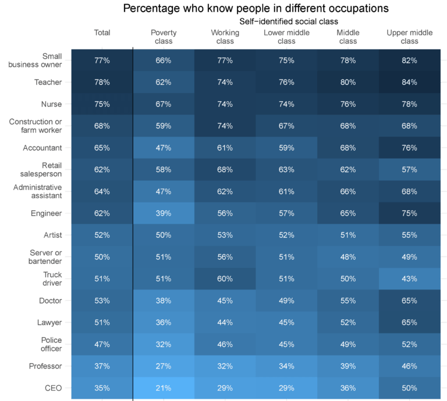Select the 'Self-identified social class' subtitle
[289, 21]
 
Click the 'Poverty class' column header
[164, 37]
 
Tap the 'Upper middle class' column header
[410, 37]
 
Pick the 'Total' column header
[102, 33]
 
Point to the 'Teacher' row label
[50, 83]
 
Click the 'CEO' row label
[54, 388]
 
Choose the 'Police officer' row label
[51, 343]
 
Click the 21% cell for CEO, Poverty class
[164, 388]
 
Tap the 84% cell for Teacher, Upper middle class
[410, 83]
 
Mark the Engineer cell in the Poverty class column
[164, 213]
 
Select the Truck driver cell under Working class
[225, 278]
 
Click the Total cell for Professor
[102, 366]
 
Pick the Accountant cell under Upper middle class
[410, 148]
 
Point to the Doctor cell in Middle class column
[348, 300]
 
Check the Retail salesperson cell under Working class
[225, 170]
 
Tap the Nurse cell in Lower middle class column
[286, 104]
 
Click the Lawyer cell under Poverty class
[164, 322]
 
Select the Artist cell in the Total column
[102, 235]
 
